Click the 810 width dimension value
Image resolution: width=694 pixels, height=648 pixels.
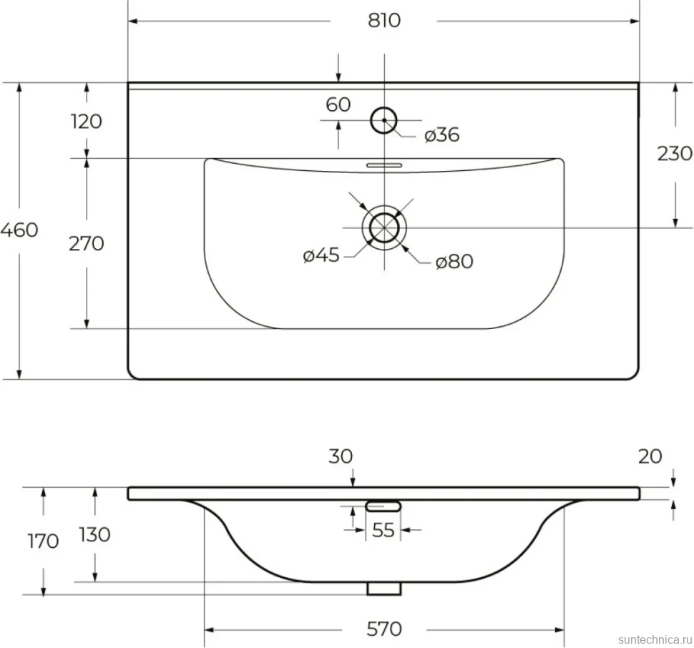tap(383, 20)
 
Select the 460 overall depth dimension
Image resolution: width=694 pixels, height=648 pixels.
tap(19, 230)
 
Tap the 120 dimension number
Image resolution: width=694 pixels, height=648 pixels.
tap(87, 121)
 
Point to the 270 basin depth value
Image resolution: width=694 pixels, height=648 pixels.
tap(87, 244)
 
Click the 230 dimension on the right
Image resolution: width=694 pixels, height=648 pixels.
tap(675, 154)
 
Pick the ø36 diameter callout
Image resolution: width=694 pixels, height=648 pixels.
tap(441, 135)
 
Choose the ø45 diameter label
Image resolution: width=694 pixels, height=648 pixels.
tap(321, 255)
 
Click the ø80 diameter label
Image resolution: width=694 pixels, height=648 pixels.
tap(454, 261)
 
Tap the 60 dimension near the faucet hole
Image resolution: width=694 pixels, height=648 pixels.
tap(338, 105)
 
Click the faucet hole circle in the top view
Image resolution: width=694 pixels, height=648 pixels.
tap(383, 107)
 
